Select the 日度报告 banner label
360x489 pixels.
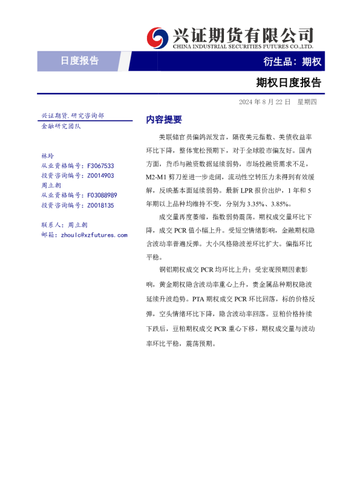point(79,61)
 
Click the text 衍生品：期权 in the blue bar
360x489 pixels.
point(292,61)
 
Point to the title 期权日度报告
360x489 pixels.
point(289,82)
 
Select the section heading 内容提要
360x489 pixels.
point(164,120)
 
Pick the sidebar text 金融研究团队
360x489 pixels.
point(61,126)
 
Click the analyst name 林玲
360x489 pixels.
point(47,156)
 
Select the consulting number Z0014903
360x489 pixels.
point(100,176)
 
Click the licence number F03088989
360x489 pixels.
point(102,195)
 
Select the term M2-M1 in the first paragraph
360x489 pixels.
point(159,178)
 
